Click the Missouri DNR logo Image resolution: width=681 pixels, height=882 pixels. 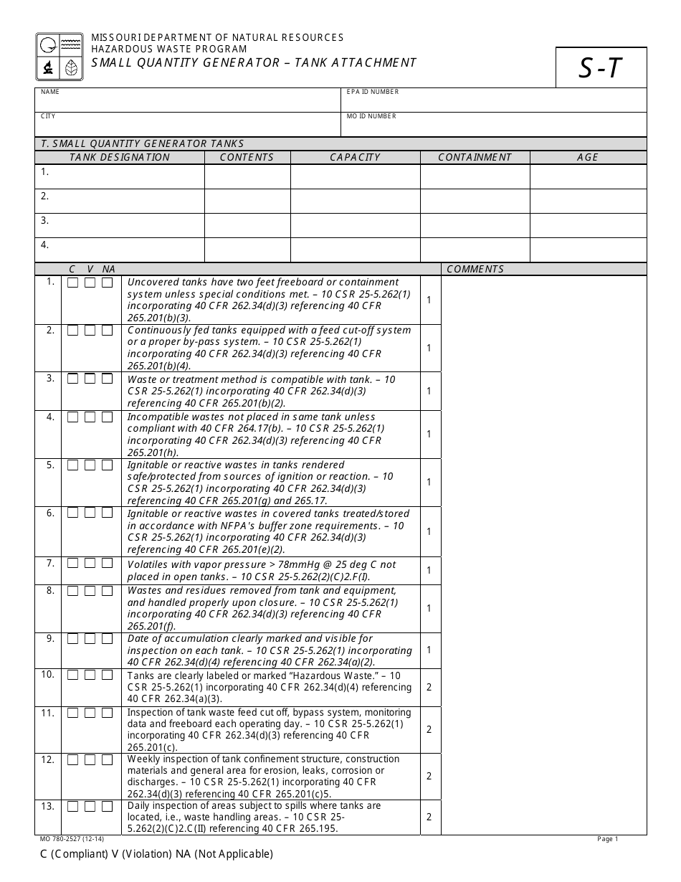[x=59, y=57]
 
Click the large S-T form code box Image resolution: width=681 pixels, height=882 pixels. [x=601, y=67]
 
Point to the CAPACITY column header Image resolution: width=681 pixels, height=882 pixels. [x=355, y=158]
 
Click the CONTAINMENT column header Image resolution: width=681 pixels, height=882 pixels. [x=475, y=158]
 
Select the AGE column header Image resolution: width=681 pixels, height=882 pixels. [x=587, y=158]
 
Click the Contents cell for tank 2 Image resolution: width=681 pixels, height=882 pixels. [x=247, y=201]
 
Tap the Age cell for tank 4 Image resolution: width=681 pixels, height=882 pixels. [x=588, y=250]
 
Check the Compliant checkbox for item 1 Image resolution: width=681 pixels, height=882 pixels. [x=72, y=283]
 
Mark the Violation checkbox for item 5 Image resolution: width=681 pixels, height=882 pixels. [x=90, y=465]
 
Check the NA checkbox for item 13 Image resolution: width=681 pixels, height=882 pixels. [x=107, y=807]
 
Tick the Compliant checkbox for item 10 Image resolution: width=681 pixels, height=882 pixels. [x=72, y=675]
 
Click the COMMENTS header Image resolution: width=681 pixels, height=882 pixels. [x=475, y=270]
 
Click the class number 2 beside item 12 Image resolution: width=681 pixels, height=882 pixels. [x=429, y=776]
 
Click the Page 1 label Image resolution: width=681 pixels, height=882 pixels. [x=607, y=839]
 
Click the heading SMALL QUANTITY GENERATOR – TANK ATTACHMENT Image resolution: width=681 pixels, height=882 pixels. [x=253, y=62]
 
